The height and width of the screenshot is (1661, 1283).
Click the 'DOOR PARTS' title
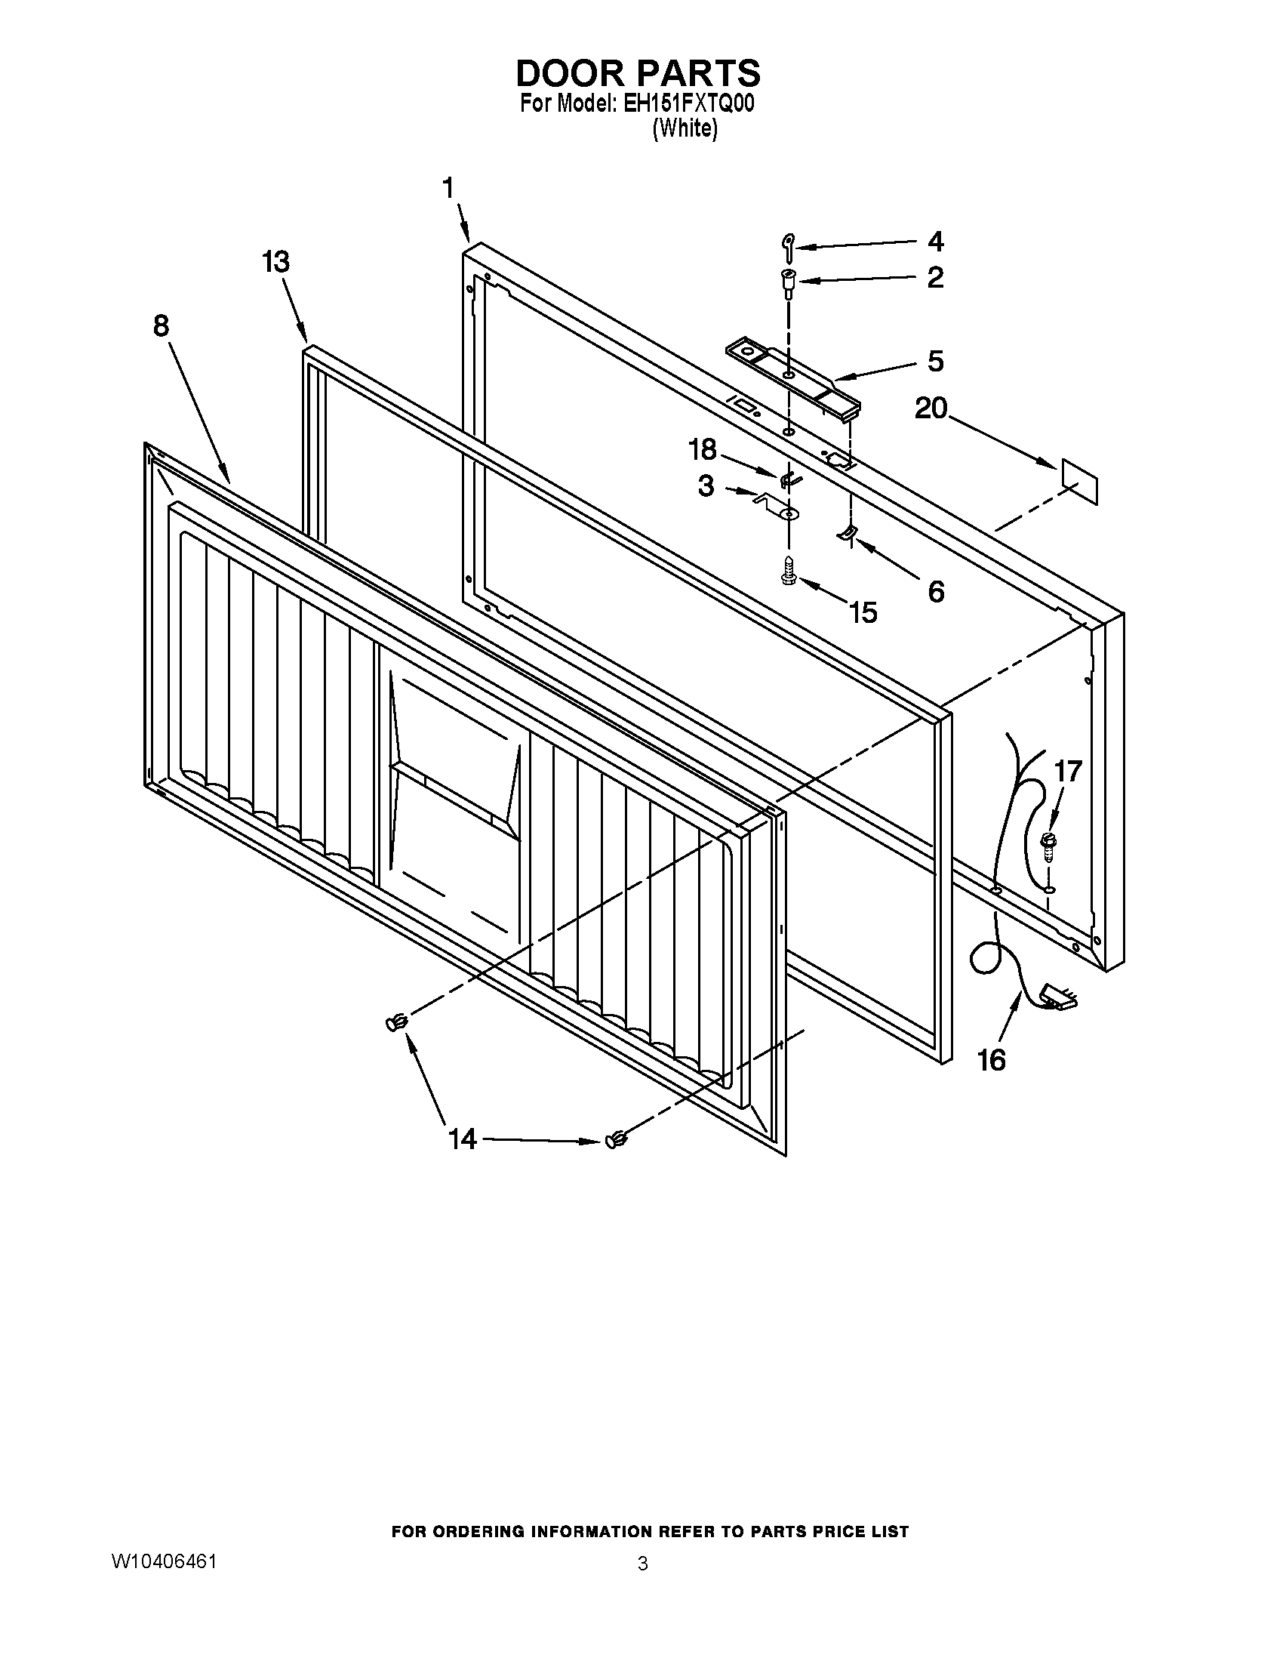pyautogui.click(x=638, y=74)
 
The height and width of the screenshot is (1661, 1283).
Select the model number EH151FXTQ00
pyautogui.click(x=688, y=104)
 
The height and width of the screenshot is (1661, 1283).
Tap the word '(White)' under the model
pyautogui.click(x=684, y=128)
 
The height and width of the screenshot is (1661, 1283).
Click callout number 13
pyautogui.click(x=275, y=262)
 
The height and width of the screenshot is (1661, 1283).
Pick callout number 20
pyautogui.click(x=931, y=409)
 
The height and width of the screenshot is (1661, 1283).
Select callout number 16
pyautogui.click(x=991, y=1059)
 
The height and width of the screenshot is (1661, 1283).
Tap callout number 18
pyautogui.click(x=702, y=449)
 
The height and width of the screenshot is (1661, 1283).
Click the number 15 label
pyautogui.click(x=863, y=612)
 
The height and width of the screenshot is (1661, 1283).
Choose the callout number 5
pyautogui.click(x=935, y=361)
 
